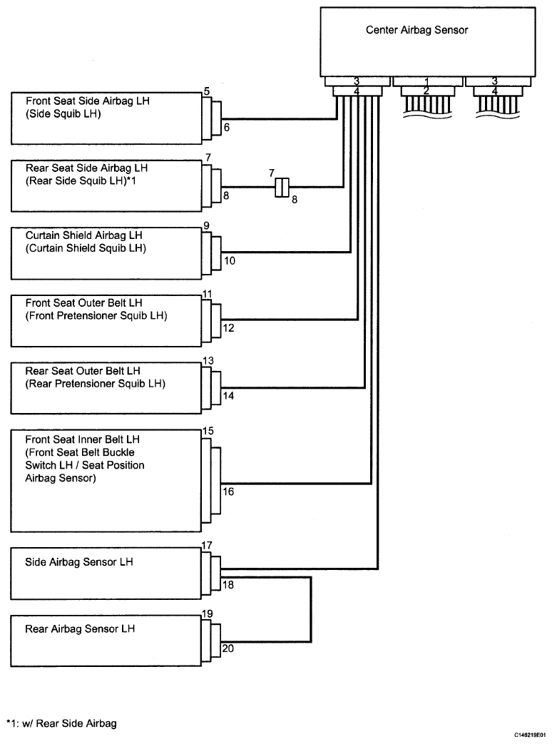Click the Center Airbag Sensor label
click(416, 30)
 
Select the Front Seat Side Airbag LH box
click(107, 118)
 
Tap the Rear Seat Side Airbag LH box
click(107, 185)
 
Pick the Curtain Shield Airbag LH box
click(107, 253)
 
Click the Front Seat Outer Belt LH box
click(107, 321)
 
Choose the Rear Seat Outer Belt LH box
click(107, 388)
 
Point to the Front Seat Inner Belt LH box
click(107, 481)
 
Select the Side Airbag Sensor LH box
click(107, 574)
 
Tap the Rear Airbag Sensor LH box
click(107, 641)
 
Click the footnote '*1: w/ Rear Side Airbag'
click(61, 723)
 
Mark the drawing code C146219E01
click(530, 735)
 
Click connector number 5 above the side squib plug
click(207, 91)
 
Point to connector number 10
click(230, 260)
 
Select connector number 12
click(229, 328)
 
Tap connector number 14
click(229, 396)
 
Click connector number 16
click(229, 491)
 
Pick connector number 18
click(228, 585)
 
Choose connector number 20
click(228, 648)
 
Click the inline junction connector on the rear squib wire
click(282, 188)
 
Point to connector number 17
click(207, 545)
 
